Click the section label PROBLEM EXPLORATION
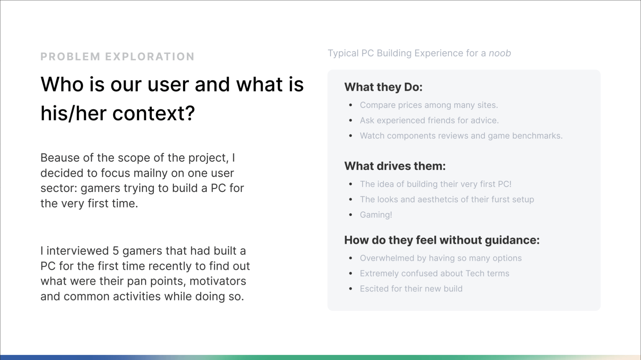(117, 57)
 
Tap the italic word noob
(500, 53)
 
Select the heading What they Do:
(383, 87)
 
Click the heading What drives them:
(395, 166)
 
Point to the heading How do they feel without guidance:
(442, 240)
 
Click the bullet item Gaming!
(376, 215)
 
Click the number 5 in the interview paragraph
(115, 251)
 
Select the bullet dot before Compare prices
(351, 105)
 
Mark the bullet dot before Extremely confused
(351, 274)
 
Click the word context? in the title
(154, 113)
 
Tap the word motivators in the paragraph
(218, 281)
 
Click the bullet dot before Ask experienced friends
(351, 120)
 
